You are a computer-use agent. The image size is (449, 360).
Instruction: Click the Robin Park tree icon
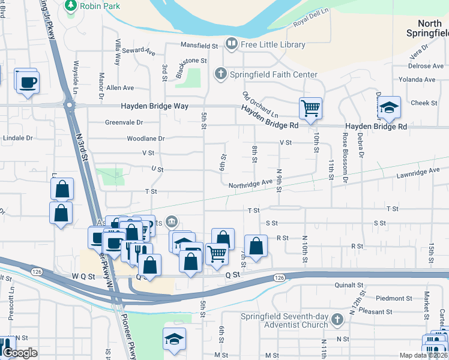click(71, 5)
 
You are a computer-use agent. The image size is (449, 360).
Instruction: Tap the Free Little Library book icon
click(231, 44)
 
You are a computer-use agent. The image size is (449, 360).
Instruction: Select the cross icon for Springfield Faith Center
click(220, 74)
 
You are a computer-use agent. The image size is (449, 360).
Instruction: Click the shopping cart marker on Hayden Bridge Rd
click(310, 109)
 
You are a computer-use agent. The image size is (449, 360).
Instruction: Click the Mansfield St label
click(199, 45)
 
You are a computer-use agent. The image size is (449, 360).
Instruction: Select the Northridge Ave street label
click(251, 182)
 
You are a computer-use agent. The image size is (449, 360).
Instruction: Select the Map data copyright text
click(423, 355)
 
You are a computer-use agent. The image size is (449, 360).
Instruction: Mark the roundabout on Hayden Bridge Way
click(70, 106)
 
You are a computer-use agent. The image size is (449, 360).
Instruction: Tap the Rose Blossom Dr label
click(345, 158)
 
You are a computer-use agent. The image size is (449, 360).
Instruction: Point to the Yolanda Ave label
click(417, 79)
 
